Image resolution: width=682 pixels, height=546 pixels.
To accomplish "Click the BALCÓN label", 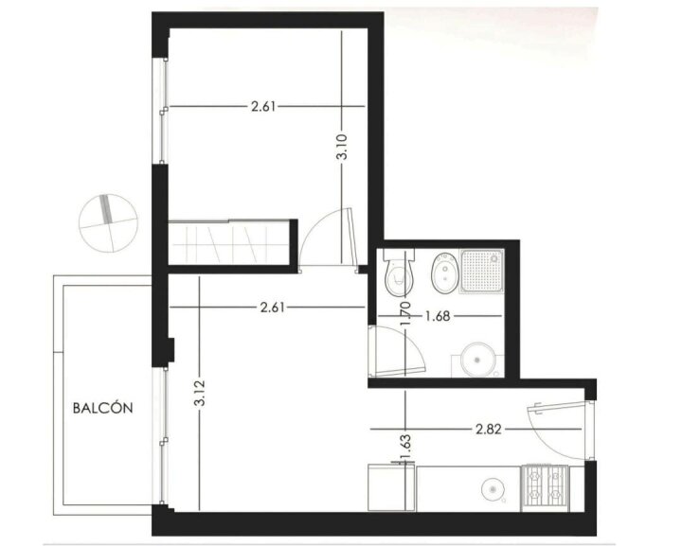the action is point(102,408).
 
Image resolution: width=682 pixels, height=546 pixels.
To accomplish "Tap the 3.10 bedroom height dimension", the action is point(342,147).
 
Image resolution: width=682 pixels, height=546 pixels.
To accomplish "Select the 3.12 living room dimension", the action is point(200,393).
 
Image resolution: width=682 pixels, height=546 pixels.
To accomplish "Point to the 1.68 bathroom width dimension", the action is point(438,316).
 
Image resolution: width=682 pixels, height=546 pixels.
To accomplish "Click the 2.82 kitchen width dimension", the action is point(489,430).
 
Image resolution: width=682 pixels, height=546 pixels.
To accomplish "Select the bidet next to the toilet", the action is point(444,273).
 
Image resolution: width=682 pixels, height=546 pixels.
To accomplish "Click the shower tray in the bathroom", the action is point(482,271).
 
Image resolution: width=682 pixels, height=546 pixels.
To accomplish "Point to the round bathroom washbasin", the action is point(477,361).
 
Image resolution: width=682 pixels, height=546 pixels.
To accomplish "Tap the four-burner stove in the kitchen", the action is point(545,487).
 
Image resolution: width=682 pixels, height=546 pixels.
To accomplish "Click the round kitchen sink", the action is point(494,489).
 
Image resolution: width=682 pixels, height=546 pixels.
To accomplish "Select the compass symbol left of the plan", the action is point(108,223).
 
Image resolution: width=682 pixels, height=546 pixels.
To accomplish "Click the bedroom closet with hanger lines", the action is point(229,242).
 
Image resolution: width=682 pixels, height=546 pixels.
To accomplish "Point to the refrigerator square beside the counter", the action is point(391,487).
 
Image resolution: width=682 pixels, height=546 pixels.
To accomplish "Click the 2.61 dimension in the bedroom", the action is point(263,106).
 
